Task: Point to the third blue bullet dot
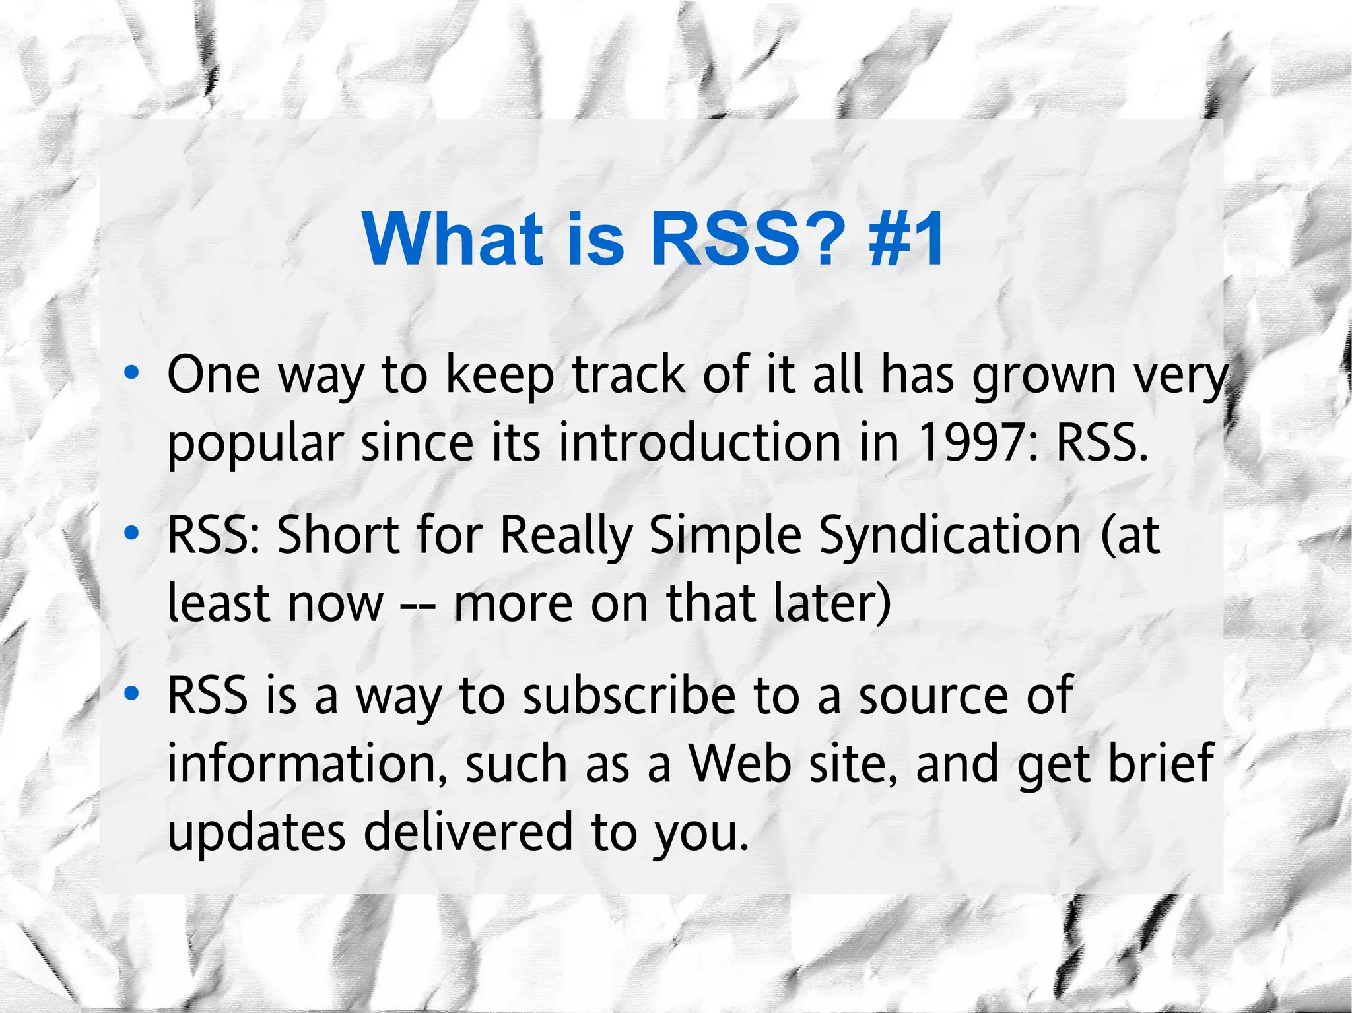coord(132,694)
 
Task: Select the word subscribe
coord(629,696)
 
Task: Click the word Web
coord(740,764)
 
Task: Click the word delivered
coord(468,832)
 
